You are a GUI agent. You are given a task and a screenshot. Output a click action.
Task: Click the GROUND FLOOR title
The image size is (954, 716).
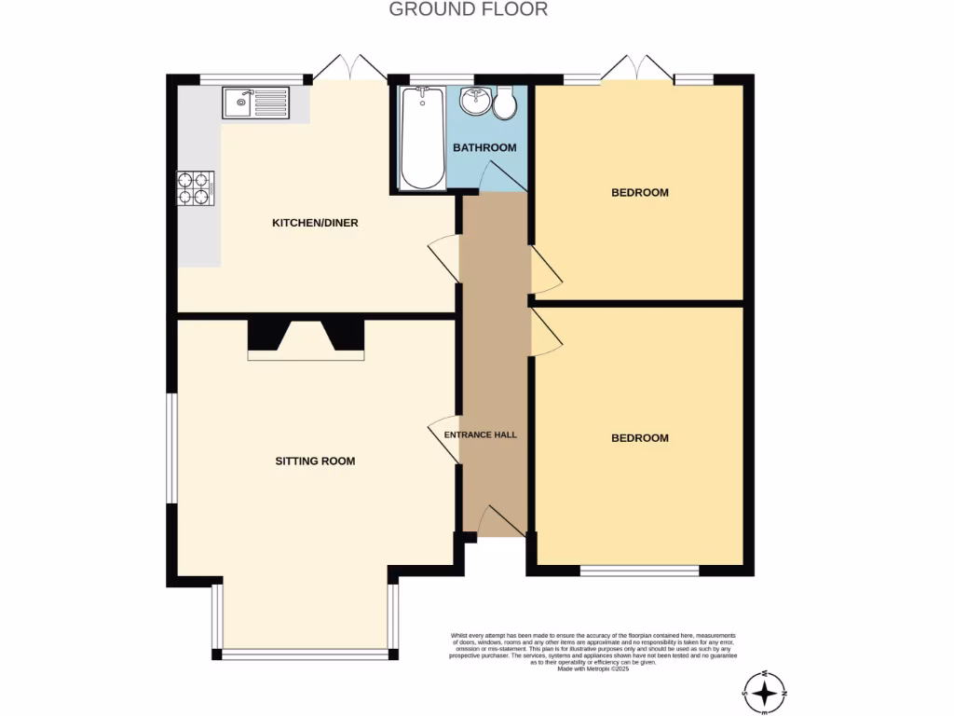(468, 10)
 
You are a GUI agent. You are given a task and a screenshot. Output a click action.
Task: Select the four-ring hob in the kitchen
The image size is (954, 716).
(197, 189)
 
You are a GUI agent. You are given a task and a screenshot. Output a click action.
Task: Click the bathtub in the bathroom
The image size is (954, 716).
(423, 137)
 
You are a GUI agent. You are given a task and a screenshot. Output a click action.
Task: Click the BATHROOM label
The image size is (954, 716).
(484, 147)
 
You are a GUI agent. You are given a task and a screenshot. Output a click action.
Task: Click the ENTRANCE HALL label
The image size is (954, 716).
(480, 434)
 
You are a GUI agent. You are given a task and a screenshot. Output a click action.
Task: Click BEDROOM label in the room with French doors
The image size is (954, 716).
(639, 193)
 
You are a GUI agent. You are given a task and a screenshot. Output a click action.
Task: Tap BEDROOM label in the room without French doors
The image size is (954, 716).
(639, 438)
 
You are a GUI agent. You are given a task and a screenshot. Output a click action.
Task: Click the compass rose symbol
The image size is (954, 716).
(765, 693)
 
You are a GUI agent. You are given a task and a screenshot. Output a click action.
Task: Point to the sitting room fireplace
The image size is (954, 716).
(306, 339)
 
